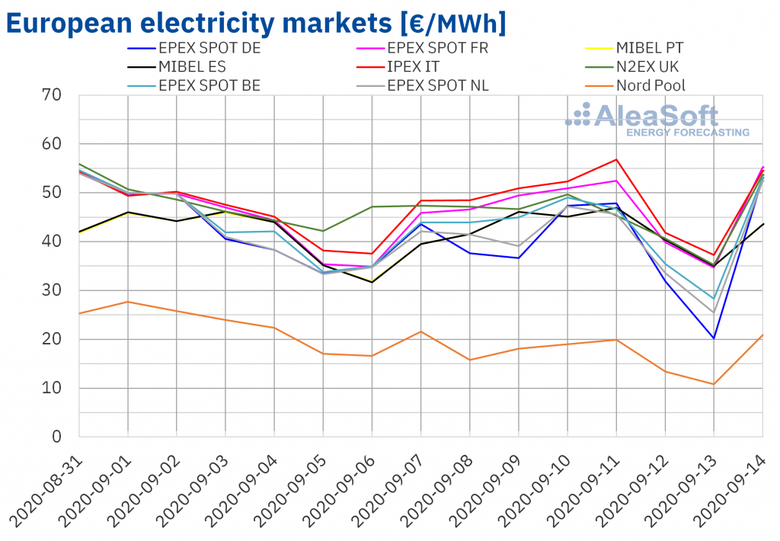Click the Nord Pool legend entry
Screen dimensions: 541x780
pos(651,85)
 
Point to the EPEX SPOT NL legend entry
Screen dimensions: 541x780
pos(438,85)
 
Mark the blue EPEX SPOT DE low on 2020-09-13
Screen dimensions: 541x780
pos(714,338)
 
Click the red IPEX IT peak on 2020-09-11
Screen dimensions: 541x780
pos(616,159)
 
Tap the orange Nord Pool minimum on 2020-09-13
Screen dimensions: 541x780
pos(714,384)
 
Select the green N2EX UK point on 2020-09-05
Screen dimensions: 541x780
pos(323,231)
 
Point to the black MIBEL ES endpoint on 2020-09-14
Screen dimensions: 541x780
pos(762,224)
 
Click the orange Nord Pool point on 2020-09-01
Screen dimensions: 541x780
pos(127,302)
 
